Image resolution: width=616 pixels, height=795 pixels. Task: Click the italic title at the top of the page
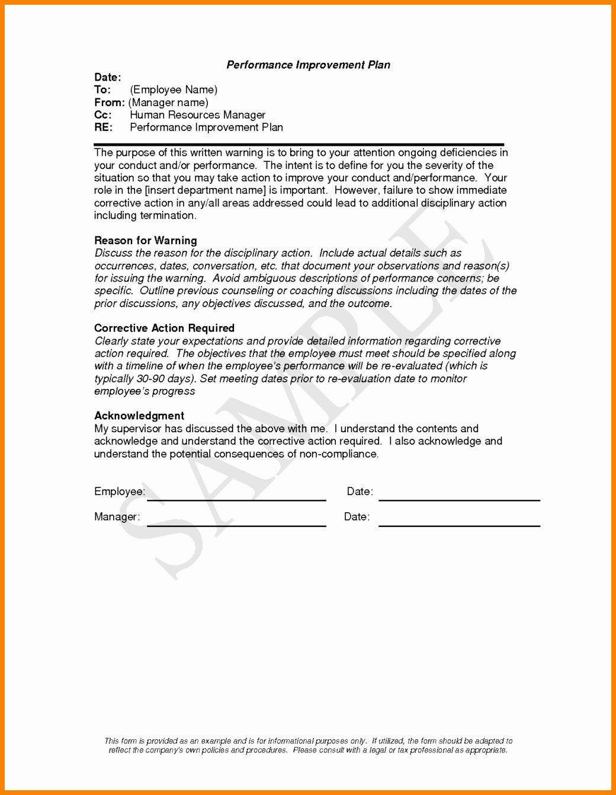(308, 65)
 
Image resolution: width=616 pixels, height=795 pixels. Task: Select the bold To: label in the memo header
(102, 90)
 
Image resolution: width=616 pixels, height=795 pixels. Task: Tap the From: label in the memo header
(109, 102)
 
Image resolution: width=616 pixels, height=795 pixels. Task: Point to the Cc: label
(102, 115)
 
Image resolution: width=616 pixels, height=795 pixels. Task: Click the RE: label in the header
(103, 127)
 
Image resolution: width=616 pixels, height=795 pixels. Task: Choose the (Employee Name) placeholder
(174, 90)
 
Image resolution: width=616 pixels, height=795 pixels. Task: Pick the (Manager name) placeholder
(168, 102)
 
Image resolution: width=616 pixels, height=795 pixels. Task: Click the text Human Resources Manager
(197, 115)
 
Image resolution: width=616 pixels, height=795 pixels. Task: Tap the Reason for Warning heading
(146, 240)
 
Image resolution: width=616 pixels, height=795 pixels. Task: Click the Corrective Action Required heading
(164, 328)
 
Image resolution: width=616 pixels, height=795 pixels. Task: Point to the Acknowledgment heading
(139, 416)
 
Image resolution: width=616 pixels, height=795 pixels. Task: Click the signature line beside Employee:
(236, 500)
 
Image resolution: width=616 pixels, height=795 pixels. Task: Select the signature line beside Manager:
(236, 525)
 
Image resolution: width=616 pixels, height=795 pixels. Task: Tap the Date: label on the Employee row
(360, 491)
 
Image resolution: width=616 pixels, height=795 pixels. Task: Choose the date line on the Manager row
(459, 525)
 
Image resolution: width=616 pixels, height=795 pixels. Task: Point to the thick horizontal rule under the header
(299, 144)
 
